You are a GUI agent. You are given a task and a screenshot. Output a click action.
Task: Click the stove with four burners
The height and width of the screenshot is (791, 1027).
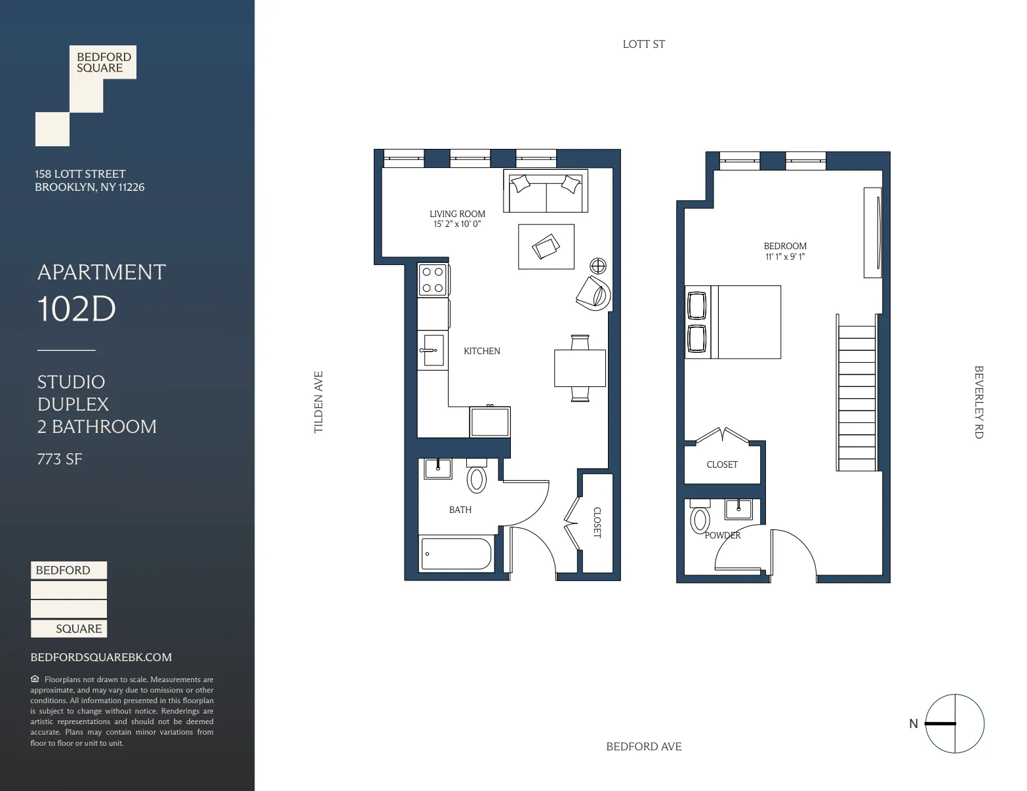[433, 279]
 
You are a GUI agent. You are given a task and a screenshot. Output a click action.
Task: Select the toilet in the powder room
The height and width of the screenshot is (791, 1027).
[700, 519]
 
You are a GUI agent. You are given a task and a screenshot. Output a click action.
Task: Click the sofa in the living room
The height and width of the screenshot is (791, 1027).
[546, 191]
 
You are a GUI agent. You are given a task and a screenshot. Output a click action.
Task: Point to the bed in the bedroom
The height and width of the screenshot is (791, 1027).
[733, 322]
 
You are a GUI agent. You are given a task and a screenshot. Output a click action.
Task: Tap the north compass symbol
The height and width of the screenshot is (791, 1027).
[954, 723]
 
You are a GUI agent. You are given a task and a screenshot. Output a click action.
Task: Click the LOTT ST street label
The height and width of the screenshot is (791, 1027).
[643, 45]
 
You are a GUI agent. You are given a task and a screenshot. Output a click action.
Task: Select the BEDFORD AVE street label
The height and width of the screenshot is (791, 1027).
[643, 746]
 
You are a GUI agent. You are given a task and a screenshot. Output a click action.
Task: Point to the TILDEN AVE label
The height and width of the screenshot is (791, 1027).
[319, 402]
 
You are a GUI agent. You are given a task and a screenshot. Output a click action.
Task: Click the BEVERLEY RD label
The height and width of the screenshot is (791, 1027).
[978, 402]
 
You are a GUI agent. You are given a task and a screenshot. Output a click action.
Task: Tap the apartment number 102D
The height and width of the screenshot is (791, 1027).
[77, 309]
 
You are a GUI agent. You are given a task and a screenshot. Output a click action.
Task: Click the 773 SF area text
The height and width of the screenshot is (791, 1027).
[60, 459]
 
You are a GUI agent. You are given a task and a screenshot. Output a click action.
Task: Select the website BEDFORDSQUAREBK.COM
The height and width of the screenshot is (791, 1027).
[101, 657]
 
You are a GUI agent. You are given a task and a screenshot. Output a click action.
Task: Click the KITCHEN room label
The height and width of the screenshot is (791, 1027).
[481, 352]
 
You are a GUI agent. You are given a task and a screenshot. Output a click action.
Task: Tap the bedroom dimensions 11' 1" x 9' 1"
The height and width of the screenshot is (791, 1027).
[785, 257]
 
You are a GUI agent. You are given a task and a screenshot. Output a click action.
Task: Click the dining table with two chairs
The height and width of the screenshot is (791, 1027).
[580, 369]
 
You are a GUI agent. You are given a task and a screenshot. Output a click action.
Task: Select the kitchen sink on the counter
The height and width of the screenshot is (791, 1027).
[431, 350]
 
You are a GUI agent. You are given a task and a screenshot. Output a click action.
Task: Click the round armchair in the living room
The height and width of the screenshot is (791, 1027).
[594, 293]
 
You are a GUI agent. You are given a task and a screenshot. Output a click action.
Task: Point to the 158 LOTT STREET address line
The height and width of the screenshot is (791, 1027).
[80, 174]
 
